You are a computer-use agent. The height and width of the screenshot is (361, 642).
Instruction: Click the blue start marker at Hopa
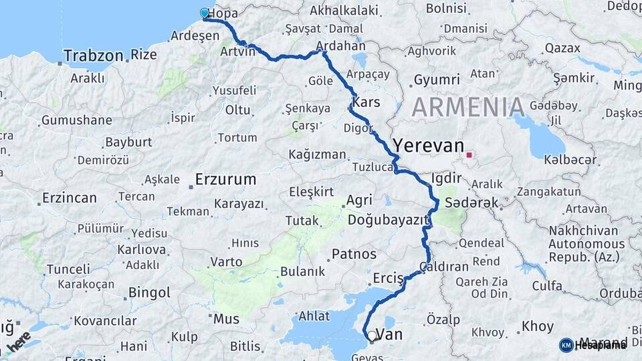[205, 13]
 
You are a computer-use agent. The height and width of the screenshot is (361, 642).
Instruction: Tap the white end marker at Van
[372, 336]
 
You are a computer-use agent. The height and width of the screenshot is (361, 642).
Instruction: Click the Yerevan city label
[428, 146]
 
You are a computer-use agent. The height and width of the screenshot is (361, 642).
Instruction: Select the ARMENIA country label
[467, 108]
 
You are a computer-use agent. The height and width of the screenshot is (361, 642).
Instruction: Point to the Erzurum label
[225, 179]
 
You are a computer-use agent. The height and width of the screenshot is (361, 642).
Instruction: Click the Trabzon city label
[94, 55]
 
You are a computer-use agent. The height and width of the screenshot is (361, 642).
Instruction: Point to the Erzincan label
[69, 198]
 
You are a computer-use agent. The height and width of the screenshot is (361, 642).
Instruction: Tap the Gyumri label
[432, 80]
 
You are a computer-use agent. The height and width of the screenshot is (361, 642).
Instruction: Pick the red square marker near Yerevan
[469, 155]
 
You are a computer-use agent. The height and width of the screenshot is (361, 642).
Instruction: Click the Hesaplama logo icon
[566, 345]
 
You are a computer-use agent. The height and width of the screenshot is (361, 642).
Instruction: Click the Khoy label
[537, 327]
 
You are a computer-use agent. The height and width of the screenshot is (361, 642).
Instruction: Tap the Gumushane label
[76, 121]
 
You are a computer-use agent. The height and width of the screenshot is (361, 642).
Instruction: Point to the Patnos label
[354, 254]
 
